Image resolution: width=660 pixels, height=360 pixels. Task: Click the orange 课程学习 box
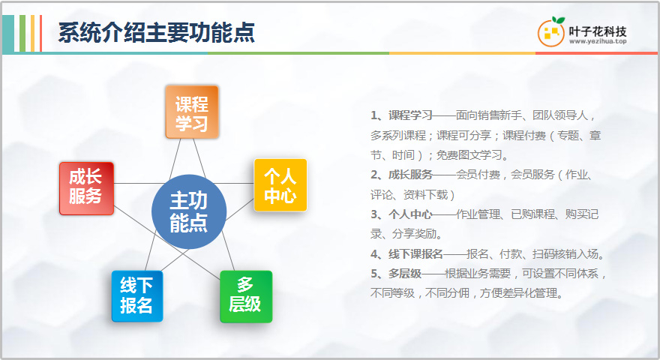(x=192, y=112)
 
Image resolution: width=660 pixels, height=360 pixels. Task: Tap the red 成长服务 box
(x=87, y=188)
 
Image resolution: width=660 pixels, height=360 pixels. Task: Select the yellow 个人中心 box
(x=280, y=184)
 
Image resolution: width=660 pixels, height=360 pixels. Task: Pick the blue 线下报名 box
(x=137, y=296)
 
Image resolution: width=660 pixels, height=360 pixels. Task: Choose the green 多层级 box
(x=246, y=296)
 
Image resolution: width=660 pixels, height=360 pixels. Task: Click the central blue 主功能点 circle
(x=189, y=211)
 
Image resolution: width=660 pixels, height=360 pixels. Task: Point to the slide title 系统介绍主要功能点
(x=157, y=32)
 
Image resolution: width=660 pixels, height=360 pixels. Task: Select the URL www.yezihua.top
(x=598, y=41)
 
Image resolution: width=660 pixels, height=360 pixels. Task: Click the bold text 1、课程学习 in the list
(x=401, y=115)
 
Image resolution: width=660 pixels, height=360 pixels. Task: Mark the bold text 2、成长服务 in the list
(x=401, y=175)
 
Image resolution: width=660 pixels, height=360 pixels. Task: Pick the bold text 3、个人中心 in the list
(x=401, y=214)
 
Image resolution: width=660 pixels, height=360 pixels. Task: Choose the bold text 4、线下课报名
(x=407, y=254)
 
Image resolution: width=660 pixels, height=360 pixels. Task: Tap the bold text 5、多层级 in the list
(x=396, y=274)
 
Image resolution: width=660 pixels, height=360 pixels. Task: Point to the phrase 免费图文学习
(x=469, y=155)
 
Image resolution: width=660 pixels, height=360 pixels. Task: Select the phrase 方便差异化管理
(x=518, y=293)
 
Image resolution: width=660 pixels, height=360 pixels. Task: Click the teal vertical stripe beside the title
(x=8, y=33)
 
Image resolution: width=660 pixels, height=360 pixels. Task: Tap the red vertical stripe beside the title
(x=40, y=33)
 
